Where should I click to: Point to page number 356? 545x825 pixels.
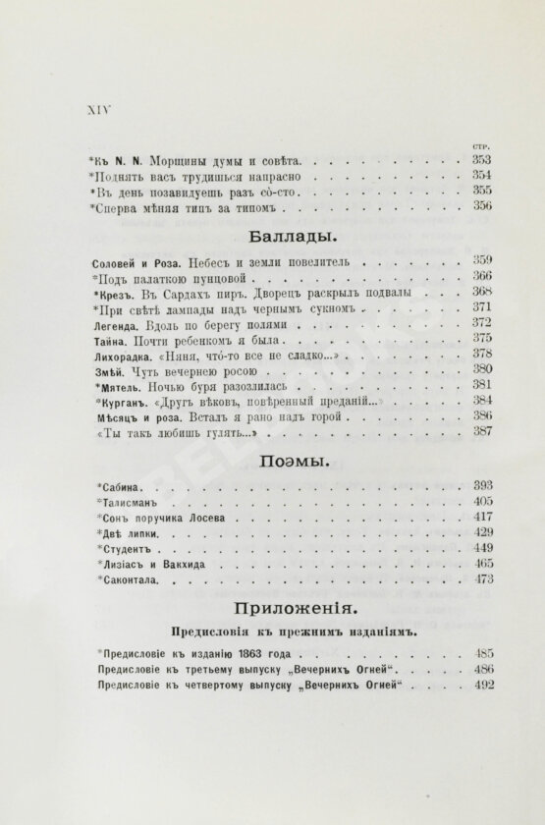[481, 207]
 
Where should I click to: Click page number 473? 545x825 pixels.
[481, 580]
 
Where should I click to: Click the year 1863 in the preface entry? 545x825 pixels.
[244, 654]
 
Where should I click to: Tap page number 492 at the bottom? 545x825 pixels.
[481, 687]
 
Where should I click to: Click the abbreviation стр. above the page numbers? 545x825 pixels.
[481, 143]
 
